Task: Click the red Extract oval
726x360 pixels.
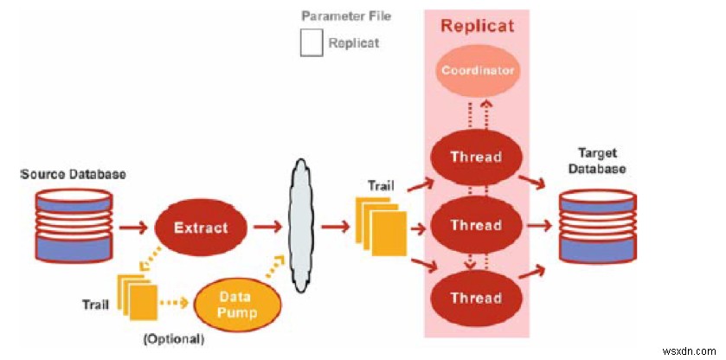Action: (200, 228)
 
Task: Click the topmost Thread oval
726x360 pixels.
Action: (476, 157)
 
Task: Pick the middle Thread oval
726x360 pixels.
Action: (476, 225)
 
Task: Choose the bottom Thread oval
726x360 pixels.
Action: (476, 297)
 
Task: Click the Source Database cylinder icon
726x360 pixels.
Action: (73, 228)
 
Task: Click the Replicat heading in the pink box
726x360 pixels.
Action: (477, 25)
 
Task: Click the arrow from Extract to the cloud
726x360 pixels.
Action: (266, 228)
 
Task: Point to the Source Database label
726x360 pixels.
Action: (73, 174)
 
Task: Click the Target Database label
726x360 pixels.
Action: (598, 162)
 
